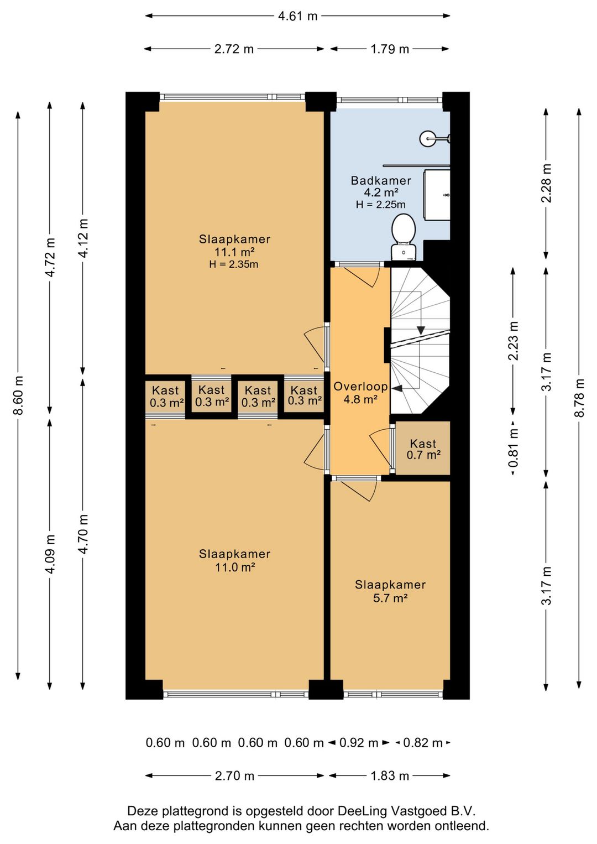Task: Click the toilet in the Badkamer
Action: pos(404,237)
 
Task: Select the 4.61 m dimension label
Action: pos(297,16)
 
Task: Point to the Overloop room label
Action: pos(360,386)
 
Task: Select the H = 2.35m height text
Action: pos(234,264)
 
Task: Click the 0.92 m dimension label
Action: pos(359,743)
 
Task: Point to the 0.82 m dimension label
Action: pos(423,743)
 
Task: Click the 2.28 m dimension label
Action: pos(546,183)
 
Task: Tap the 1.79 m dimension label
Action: pos(390,49)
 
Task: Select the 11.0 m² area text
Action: pos(235,567)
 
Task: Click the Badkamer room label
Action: pos(381,180)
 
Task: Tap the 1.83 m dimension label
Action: pos(390,776)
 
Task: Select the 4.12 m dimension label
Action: pos(83,238)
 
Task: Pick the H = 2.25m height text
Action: pos(381,205)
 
